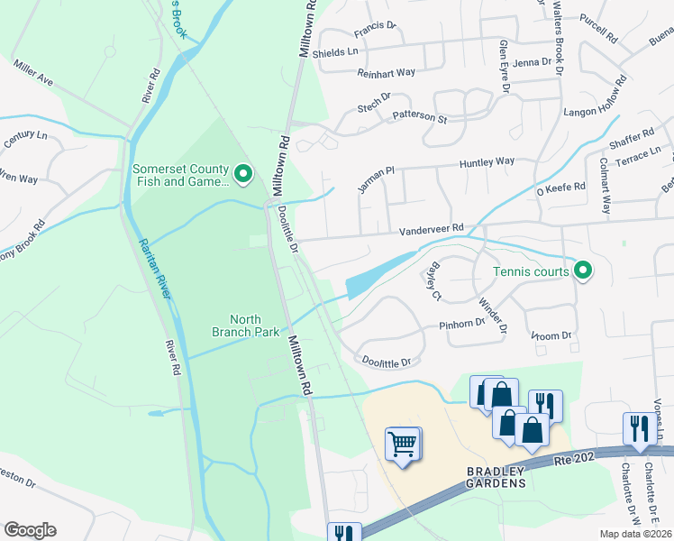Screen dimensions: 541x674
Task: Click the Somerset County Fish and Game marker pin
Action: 242,173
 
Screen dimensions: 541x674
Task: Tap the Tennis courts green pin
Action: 583,270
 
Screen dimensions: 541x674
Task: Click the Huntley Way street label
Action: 487,162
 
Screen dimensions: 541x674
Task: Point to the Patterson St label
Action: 419,117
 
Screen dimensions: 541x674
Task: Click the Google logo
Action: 30,530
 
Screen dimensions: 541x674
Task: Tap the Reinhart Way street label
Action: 386,72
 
